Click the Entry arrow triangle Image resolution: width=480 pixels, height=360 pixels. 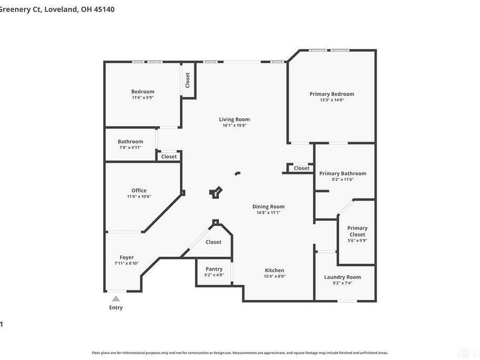116,298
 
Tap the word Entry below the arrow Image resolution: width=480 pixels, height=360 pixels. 116,308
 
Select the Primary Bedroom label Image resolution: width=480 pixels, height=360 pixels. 332,94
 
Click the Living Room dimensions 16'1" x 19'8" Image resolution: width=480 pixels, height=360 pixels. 234,125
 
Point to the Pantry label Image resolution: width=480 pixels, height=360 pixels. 214,269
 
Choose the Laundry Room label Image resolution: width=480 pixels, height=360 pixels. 343,277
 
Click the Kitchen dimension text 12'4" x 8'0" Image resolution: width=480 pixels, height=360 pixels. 275,276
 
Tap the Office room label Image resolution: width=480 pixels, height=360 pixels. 139,191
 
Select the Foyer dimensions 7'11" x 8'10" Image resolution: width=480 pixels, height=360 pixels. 127,263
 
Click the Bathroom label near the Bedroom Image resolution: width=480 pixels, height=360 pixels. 130,142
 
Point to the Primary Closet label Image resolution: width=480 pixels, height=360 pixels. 357,231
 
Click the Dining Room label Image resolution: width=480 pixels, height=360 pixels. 268,206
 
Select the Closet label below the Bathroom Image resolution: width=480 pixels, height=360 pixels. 169,157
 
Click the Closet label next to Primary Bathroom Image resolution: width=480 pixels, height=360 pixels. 302,169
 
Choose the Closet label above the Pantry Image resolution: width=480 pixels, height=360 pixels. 214,242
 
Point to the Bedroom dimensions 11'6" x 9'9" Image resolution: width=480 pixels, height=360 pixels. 143,97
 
